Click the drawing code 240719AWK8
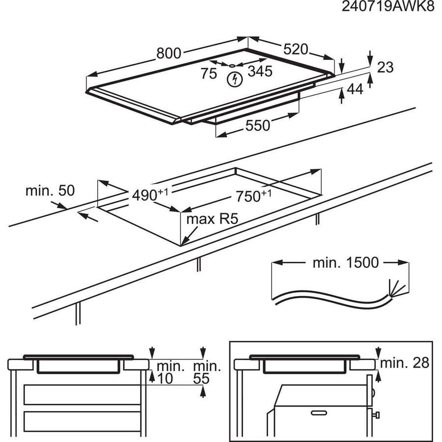click(388, 8)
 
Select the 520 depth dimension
click(296, 50)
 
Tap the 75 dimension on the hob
click(209, 74)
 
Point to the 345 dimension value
click(259, 72)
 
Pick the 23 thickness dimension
click(386, 67)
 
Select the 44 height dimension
click(356, 89)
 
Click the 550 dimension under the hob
click(258, 126)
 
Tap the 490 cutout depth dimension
click(145, 194)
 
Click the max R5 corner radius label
click(212, 219)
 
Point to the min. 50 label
click(50, 191)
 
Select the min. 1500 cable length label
click(345, 263)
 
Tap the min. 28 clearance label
click(405, 363)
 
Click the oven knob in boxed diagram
click(378, 416)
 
